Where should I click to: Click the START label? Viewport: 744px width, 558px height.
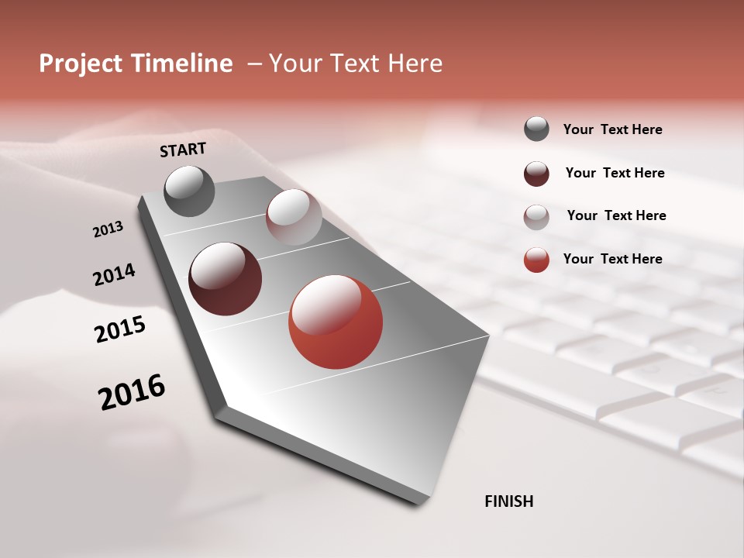183,150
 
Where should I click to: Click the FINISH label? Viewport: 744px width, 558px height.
508,501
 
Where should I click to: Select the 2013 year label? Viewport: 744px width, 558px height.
108,229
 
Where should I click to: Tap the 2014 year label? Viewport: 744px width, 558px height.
114,274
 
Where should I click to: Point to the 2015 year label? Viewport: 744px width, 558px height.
120,329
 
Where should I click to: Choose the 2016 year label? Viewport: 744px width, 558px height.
132,392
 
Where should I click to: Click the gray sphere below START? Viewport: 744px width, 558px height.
189,191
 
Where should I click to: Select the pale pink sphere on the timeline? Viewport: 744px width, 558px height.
294,217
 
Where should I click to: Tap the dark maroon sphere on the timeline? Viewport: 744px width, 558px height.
226,279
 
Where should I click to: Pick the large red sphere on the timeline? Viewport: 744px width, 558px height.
336,322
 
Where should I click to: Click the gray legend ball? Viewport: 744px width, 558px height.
536,129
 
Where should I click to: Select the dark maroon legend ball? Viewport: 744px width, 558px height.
536,174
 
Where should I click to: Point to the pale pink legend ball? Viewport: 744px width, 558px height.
536,217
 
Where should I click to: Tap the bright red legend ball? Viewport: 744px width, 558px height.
536,260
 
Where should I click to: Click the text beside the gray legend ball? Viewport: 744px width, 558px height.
612,130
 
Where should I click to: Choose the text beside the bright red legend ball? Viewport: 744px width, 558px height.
612,259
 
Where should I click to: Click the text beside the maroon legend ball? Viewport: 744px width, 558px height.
615,173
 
